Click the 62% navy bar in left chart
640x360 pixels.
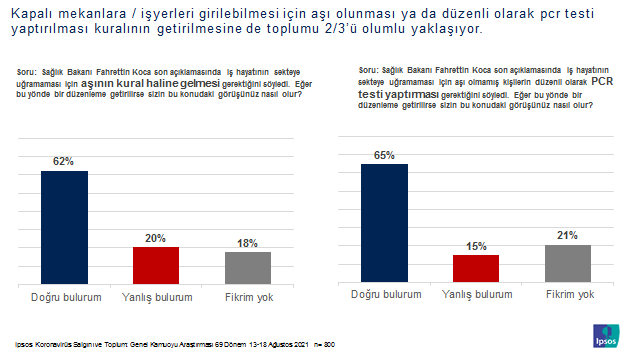click(x=64, y=229)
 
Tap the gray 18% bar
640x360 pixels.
click(x=247, y=269)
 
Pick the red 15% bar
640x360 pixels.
click(x=475, y=269)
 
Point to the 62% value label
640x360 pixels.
click(x=64, y=160)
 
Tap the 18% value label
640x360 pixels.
click(x=247, y=242)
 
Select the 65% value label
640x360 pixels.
click(x=383, y=155)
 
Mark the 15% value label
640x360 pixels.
click(x=475, y=245)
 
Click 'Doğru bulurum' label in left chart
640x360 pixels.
click(x=64, y=298)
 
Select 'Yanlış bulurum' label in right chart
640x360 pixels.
click(x=475, y=294)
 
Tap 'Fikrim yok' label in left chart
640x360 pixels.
click(x=247, y=298)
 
